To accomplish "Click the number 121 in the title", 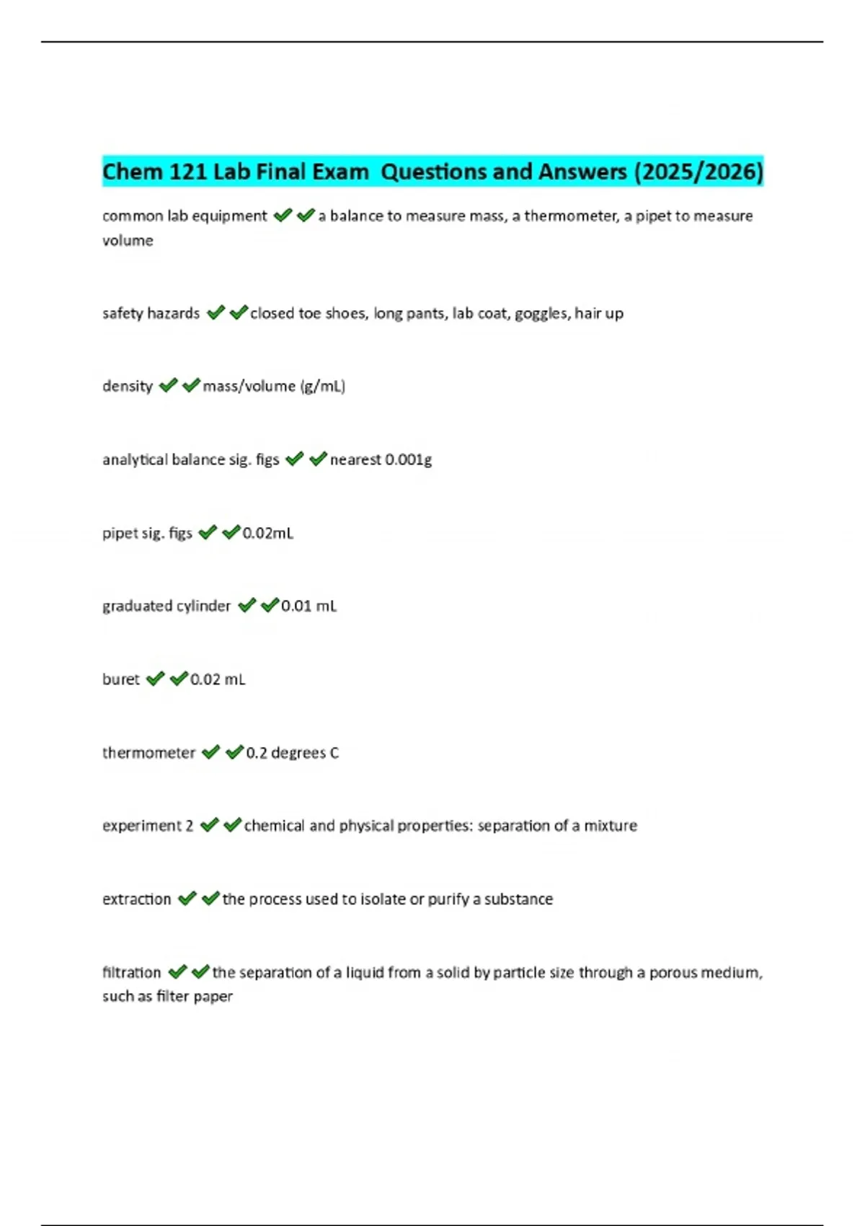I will tap(189, 172).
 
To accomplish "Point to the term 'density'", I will tap(128, 386).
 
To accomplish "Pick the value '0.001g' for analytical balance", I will tap(409, 459).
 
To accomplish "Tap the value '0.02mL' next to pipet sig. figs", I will tap(268, 533).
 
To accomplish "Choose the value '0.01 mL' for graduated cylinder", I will tap(309, 606).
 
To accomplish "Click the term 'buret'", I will tap(121, 679).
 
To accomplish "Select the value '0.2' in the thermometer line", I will tap(257, 753).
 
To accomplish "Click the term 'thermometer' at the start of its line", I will tap(148, 753).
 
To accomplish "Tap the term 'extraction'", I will tap(137, 899).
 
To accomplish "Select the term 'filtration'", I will tap(132, 972).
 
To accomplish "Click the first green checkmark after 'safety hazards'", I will tap(216, 313).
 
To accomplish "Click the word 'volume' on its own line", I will tap(128, 241).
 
